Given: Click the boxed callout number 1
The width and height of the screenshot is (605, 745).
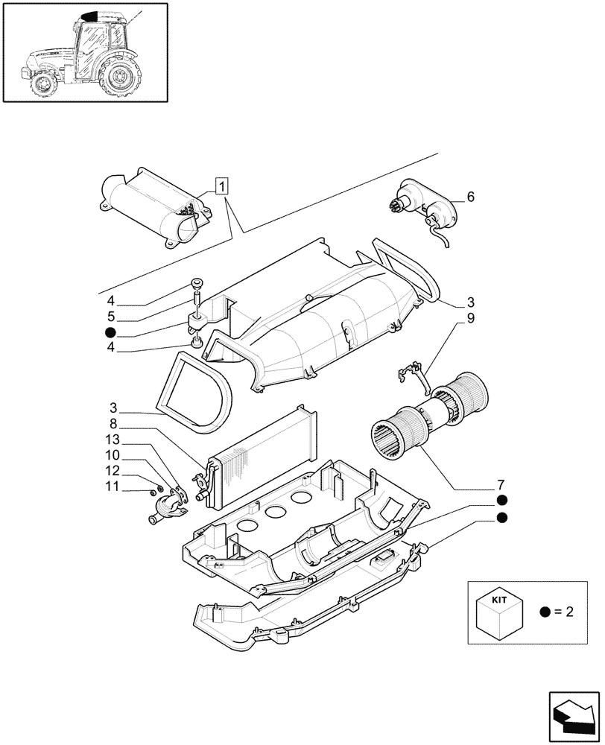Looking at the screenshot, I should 223,186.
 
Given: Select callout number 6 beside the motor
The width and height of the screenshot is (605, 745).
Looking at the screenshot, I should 470,197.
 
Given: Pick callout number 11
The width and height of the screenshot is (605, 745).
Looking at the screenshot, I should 111,486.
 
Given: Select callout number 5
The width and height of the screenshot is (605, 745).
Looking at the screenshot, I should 111,316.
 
